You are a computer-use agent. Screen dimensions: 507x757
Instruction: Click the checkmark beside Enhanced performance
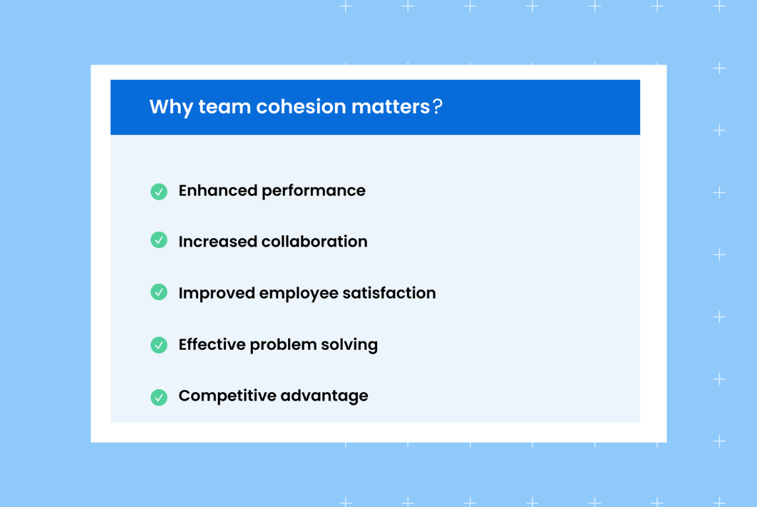(x=159, y=191)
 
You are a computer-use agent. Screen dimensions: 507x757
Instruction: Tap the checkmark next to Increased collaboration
(x=159, y=240)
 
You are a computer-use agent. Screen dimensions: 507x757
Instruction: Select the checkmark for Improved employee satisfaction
(x=159, y=292)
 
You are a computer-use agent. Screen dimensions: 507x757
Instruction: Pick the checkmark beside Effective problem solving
(x=159, y=345)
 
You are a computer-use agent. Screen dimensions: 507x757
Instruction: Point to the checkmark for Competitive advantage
(x=159, y=397)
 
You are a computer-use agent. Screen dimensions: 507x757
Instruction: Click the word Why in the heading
(x=170, y=107)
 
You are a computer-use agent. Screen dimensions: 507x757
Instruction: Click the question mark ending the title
(x=437, y=107)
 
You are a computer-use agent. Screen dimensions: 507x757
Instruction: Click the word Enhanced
(x=217, y=191)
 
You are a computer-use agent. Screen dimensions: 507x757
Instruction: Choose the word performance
(x=313, y=191)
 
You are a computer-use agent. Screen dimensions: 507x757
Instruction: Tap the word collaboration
(x=314, y=242)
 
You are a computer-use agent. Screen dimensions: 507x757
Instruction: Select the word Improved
(x=216, y=293)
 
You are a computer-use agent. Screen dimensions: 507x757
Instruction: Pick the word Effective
(x=212, y=345)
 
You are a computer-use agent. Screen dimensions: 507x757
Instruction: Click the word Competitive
(x=227, y=396)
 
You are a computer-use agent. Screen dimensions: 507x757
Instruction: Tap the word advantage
(x=324, y=397)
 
